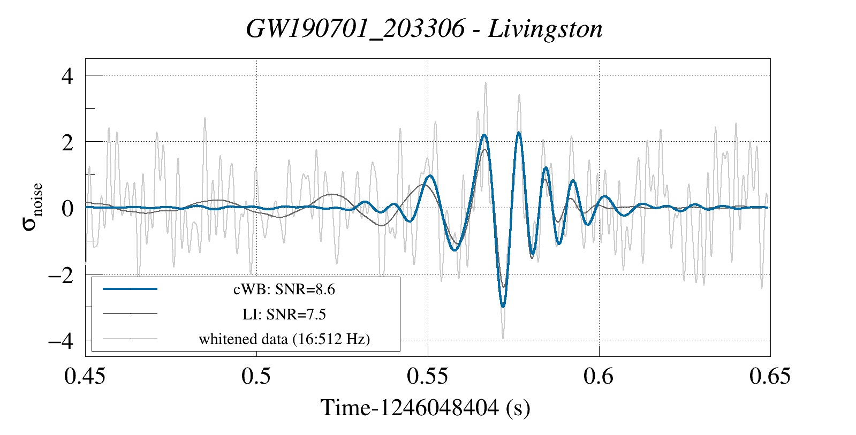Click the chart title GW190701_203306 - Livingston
424,29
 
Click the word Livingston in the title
546,29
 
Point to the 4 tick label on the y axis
67,76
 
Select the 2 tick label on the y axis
67,142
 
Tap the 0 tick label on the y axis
67,208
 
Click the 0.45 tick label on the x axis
85,376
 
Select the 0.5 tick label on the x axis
256,376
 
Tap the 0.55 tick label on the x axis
427,376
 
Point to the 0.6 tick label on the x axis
599,376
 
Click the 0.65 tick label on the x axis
770,376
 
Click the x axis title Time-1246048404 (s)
426,408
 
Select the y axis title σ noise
32,207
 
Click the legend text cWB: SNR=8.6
284,289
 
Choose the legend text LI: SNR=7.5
284,314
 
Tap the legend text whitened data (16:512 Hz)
284,339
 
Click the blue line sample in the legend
130,289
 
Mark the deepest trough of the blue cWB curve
503,306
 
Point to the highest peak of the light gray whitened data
486,83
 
